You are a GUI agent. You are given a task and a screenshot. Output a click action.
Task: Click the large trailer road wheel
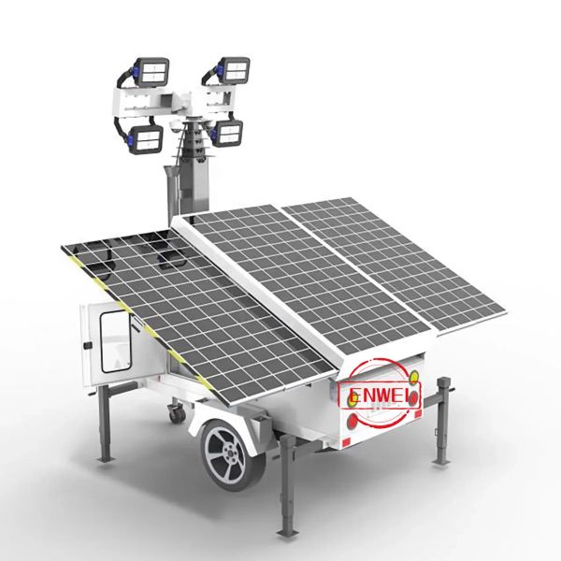(233, 455)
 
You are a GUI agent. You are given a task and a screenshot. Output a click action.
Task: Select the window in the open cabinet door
(115, 341)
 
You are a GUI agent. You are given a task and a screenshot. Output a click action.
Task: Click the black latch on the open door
(87, 346)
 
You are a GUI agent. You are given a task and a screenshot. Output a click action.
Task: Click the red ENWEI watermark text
(380, 396)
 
